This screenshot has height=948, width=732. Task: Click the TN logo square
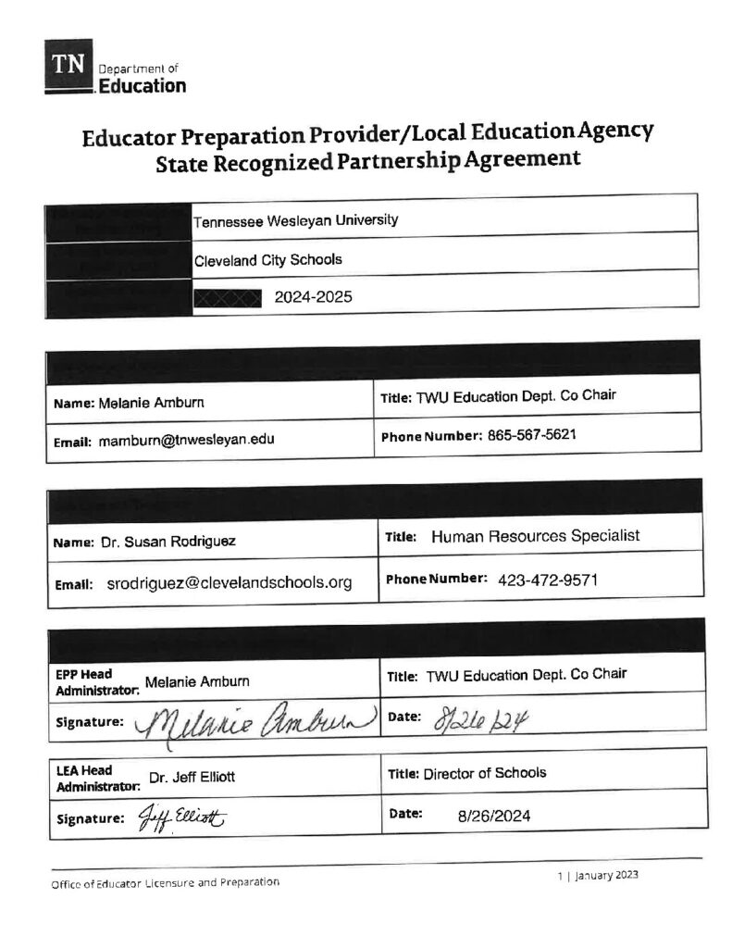68,66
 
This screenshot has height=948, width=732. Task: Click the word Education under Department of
142,86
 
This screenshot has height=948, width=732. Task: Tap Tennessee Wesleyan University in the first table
295,220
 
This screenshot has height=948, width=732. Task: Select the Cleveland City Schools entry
267,259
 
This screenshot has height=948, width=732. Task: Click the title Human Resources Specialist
536,536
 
